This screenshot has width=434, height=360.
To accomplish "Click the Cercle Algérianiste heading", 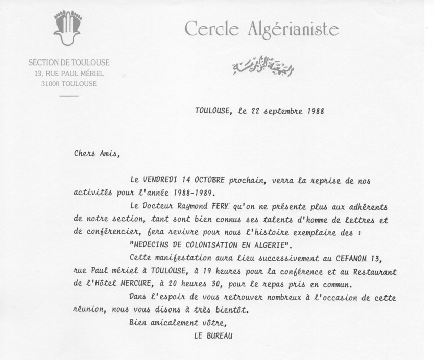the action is click(261, 29).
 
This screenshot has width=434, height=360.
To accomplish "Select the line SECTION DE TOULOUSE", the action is click(69, 63).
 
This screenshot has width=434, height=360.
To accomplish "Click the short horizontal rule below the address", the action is click(69, 95).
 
